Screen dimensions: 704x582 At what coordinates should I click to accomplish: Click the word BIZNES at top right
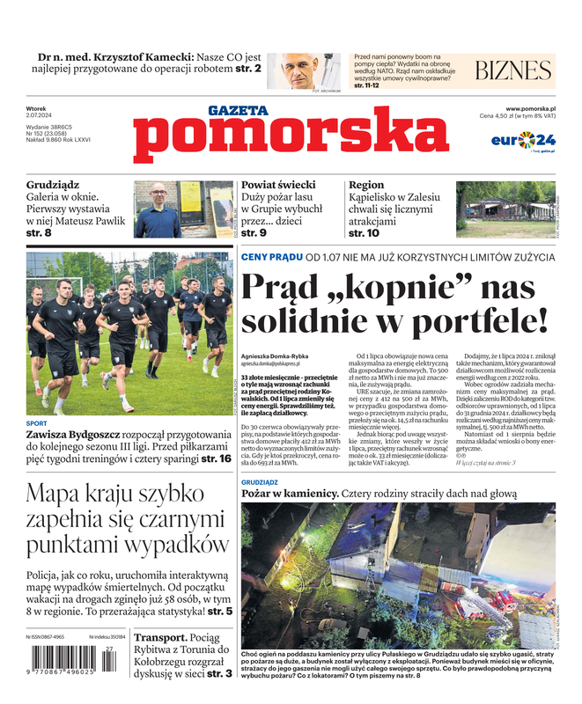(x=512, y=71)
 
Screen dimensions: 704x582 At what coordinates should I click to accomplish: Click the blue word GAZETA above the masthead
(x=238, y=111)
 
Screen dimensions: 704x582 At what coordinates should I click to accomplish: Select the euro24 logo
(x=522, y=140)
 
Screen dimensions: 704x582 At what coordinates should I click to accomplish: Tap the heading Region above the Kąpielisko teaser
(x=366, y=186)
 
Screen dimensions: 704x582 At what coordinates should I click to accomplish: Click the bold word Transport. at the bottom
(x=159, y=637)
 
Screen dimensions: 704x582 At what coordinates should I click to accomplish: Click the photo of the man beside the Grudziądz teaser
(x=158, y=209)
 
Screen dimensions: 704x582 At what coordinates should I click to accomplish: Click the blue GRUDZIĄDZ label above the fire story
(x=259, y=483)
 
